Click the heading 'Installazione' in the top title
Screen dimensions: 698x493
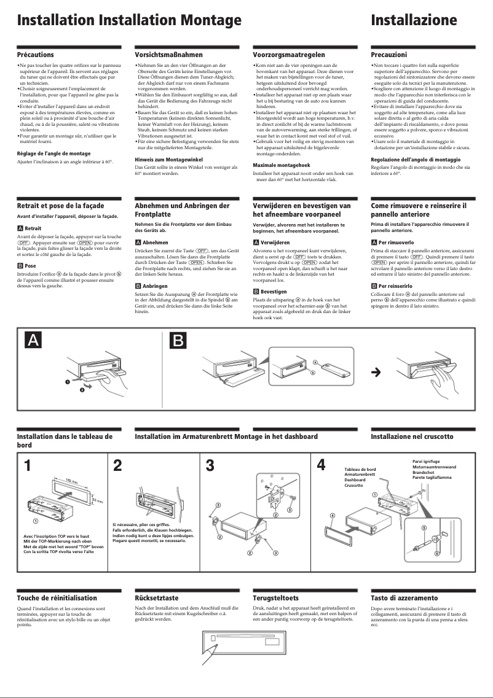tap(414, 21)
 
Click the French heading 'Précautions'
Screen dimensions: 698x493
tap(35, 55)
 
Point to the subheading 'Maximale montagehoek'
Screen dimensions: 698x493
tap(282, 166)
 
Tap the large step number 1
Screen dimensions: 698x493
tap(28, 466)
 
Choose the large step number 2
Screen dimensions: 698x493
tap(118, 466)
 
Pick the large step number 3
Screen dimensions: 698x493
tap(210, 466)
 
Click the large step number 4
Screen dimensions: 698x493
tap(321, 466)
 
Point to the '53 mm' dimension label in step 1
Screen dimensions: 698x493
tap(95, 502)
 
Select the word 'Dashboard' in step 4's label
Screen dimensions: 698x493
tap(355, 480)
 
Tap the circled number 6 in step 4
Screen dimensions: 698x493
tap(437, 554)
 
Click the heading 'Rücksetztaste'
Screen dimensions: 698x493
tap(157, 598)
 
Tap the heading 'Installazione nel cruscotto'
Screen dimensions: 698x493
tap(412, 436)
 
